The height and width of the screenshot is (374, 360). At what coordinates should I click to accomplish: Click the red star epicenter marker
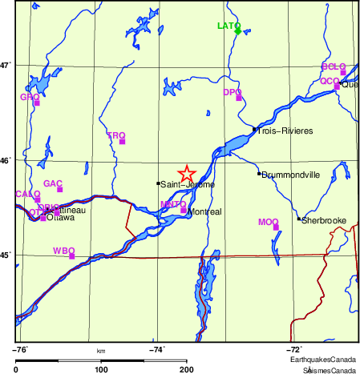click(x=186, y=174)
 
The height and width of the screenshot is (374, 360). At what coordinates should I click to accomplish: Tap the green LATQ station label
click(x=229, y=26)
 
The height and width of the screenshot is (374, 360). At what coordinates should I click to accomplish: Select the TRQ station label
click(x=116, y=135)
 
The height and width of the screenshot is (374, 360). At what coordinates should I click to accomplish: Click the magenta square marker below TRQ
click(x=123, y=142)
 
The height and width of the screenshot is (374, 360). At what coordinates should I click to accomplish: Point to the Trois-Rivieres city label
click(x=285, y=131)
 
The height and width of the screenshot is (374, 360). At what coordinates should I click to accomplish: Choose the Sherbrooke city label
click(x=323, y=219)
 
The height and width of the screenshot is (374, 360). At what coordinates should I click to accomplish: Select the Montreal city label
click(x=204, y=212)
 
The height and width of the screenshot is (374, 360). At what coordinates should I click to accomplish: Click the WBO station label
click(x=63, y=251)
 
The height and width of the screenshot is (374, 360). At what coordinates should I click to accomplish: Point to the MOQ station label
click(x=268, y=222)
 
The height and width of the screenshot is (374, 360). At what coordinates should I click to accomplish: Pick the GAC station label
click(x=53, y=183)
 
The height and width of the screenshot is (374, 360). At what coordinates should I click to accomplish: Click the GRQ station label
click(x=29, y=97)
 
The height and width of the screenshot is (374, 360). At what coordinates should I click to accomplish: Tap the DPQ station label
click(x=232, y=92)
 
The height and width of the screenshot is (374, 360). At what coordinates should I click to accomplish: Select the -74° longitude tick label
click(x=156, y=349)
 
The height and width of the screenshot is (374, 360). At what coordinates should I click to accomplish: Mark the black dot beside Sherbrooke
click(x=298, y=219)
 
